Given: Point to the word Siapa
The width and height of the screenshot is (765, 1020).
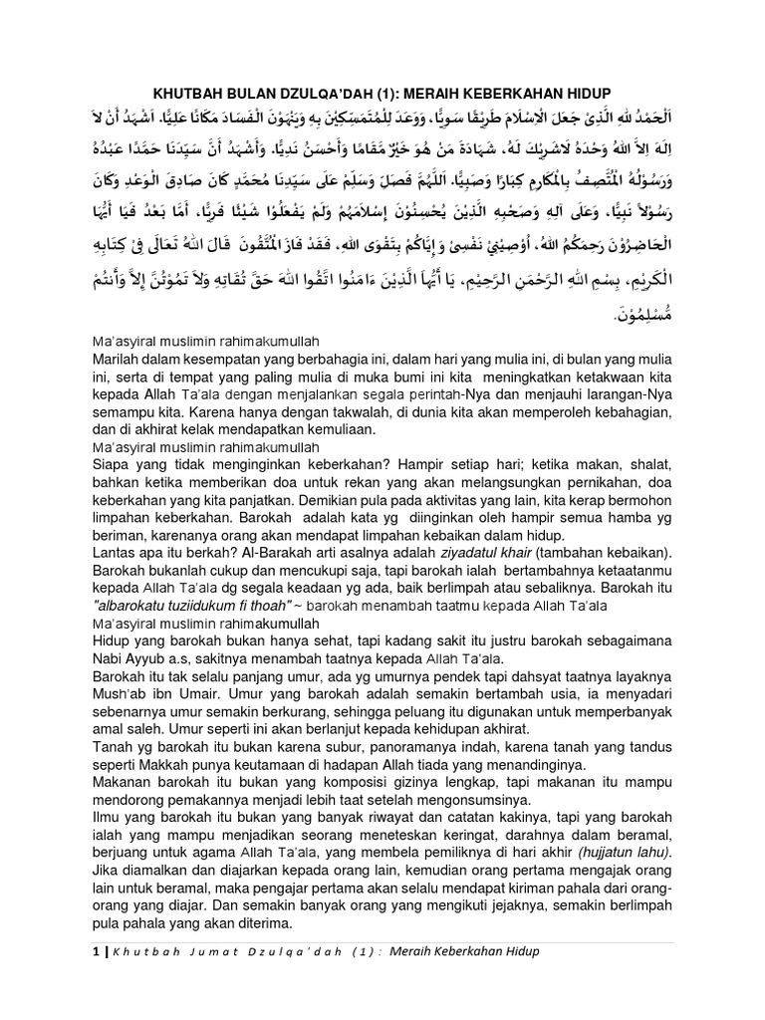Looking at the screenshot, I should pyautogui.click(x=112, y=463).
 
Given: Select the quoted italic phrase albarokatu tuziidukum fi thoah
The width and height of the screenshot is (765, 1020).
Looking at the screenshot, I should pyautogui.click(x=182, y=604).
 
